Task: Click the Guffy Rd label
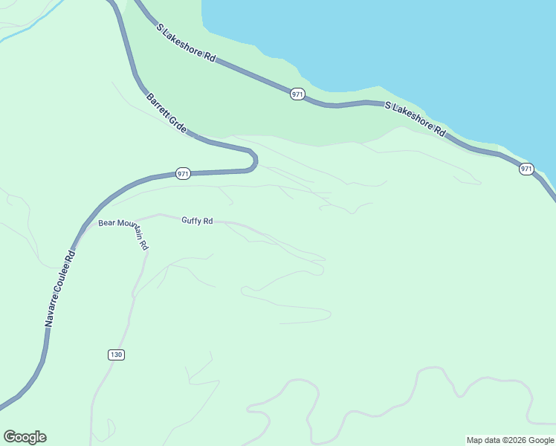197,221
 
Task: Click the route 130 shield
115,355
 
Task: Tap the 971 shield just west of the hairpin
184,174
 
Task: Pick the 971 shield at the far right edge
526,169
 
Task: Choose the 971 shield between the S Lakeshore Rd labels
297,94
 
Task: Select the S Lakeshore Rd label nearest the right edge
416,119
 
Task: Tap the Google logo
25,437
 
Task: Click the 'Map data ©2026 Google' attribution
511,440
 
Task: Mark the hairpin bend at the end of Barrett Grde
254,159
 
